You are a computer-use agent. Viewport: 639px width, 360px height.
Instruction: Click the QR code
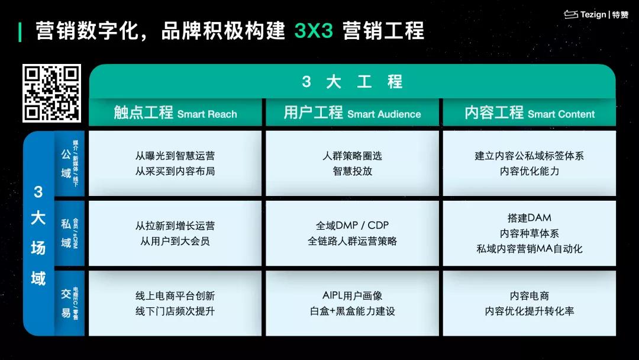51,93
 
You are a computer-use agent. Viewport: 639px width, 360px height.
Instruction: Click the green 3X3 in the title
314,31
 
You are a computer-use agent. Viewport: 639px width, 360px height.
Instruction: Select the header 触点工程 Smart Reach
175,113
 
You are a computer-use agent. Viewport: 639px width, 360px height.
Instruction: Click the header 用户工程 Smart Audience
352,113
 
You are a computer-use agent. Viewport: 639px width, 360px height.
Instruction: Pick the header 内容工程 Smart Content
530,113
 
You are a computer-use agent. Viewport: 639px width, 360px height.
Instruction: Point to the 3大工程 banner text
352,82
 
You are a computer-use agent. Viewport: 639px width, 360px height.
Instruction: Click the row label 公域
66,163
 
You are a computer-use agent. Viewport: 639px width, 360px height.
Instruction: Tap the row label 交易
66,303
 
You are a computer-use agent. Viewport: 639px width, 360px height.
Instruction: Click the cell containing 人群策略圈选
352,156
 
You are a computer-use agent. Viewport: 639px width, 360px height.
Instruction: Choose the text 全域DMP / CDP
352,226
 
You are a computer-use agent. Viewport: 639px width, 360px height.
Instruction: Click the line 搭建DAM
530,218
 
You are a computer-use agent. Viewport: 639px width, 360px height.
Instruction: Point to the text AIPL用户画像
352,295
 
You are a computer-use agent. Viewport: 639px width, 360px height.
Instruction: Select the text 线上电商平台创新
175,295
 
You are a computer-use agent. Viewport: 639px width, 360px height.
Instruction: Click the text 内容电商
530,295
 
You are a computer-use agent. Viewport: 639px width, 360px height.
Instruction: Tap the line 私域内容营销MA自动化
530,249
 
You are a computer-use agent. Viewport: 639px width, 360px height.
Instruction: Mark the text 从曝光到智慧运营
175,156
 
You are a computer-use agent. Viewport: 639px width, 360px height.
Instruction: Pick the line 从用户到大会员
175,241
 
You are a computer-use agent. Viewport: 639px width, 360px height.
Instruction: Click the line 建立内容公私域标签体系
530,156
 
